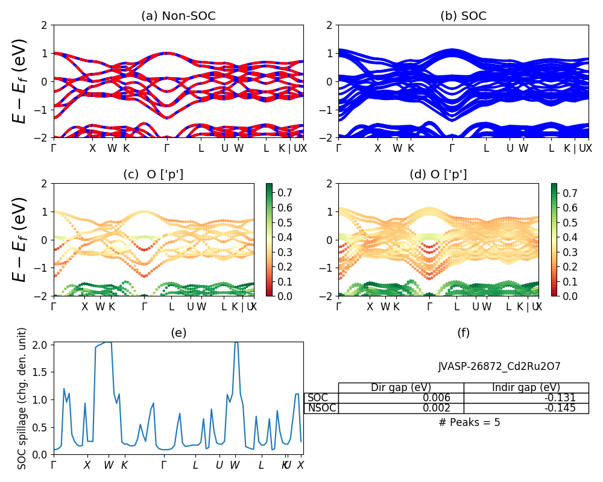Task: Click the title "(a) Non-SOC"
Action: point(178,16)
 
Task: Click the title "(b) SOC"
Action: point(463,16)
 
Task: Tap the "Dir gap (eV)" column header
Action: point(400,387)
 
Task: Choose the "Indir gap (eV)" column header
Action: point(526,387)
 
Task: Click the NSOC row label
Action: point(321,408)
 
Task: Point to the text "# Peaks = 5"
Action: point(469,422)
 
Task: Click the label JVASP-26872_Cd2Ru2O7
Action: point(499,366)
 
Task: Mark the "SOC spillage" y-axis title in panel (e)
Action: point(22,398)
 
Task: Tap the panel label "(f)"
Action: point(463,333)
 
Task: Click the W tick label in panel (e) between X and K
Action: point(109,466)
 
